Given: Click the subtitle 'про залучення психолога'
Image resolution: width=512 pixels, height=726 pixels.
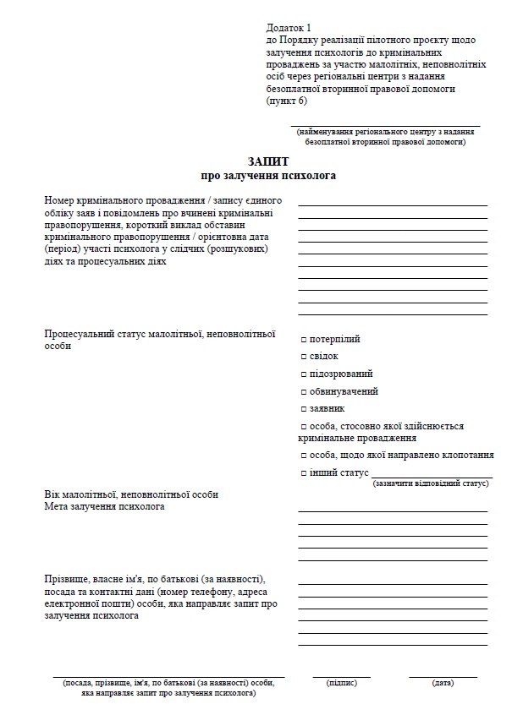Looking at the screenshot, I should tap(268, 177).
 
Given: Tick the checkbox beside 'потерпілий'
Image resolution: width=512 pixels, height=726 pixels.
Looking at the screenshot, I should tap(304, 340).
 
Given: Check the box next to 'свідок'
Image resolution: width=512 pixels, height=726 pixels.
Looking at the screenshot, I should tap(304, 357).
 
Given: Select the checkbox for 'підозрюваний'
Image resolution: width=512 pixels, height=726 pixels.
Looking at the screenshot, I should tap(304, 374).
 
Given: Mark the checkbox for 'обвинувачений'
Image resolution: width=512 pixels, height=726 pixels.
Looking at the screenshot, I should tap(304, 392).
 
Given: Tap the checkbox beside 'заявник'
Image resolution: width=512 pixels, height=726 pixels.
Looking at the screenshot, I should tap(304, 409).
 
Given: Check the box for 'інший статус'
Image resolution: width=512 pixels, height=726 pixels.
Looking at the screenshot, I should tap(304, 473).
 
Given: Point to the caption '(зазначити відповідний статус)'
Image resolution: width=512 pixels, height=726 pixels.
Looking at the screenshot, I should tap(432, 484).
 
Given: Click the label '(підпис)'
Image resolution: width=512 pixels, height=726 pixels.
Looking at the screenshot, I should tap(341, 682).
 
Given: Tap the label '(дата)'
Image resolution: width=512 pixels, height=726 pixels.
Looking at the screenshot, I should tap(443, 682).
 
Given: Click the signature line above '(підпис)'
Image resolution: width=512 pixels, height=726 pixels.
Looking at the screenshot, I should tap(341, 676).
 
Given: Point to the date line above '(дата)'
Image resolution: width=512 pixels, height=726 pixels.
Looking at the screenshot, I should tap(443, 676).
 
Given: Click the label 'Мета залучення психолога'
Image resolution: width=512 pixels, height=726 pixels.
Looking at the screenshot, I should tap(105, 507).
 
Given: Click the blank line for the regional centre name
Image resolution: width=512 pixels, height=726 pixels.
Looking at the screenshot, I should tap(385, 125).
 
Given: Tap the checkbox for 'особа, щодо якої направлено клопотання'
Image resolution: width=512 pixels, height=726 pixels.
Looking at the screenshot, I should tap(304, 455).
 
